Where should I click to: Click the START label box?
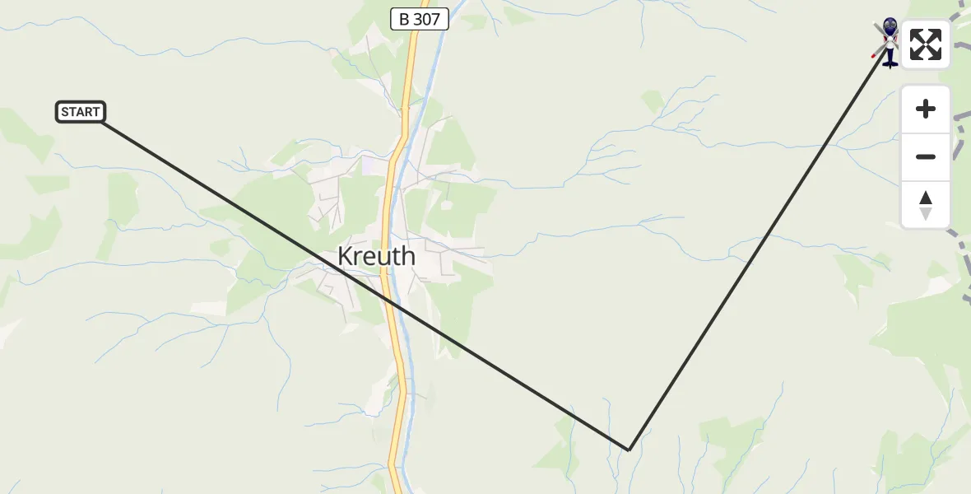[81, 112]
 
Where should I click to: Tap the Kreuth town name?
[376, 257]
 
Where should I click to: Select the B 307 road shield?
[420, 19]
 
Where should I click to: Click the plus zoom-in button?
[926, 109]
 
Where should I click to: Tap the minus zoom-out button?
[926, 156]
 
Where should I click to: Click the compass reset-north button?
[926, 205]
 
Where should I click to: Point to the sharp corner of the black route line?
[629, 450]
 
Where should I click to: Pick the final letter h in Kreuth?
[407, 257]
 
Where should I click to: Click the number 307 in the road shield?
[426, 19]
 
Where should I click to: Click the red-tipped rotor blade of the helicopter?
[876, 53]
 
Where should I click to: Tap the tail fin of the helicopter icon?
[890, 62]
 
